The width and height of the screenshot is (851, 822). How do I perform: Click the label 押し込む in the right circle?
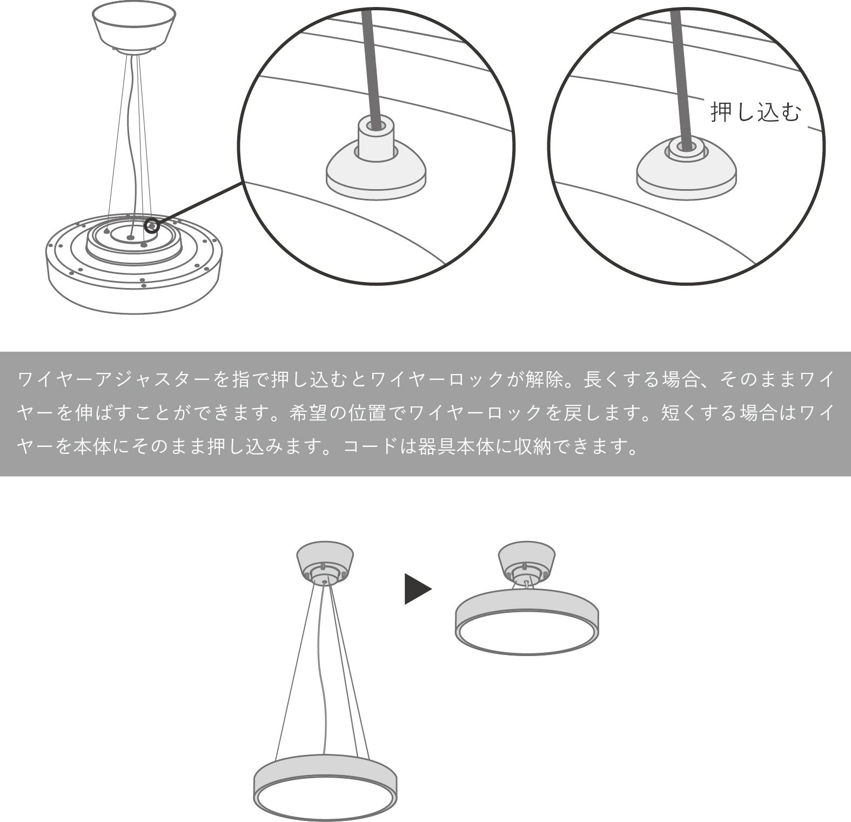pyautogui.click(x=755, y=112)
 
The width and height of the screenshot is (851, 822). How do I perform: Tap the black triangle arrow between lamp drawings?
pyautogui.click(x=418, y=589)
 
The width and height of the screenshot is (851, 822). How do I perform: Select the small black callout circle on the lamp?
pyautogui.click(x=152, y=225)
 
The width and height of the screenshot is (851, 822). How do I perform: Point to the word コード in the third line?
pyautogui.click(x=372, y=447)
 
